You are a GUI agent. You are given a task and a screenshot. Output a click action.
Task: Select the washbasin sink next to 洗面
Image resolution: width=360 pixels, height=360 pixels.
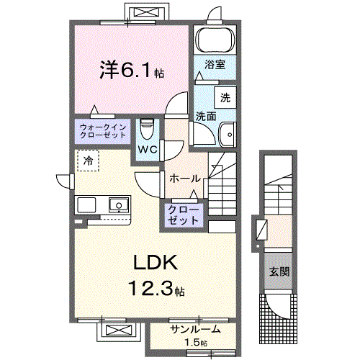[228, 133]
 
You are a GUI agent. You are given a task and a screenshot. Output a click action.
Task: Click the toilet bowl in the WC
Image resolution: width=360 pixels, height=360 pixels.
[147, 130]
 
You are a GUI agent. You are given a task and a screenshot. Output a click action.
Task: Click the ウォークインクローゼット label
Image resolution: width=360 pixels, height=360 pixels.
[102, 131]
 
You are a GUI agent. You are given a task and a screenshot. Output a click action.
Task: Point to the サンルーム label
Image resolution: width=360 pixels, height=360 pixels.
[194, 330]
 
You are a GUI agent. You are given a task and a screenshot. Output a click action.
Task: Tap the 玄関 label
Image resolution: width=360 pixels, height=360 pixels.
[279, 272]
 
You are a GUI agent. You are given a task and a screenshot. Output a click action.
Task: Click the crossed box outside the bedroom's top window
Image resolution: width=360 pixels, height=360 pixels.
[148, 12]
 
